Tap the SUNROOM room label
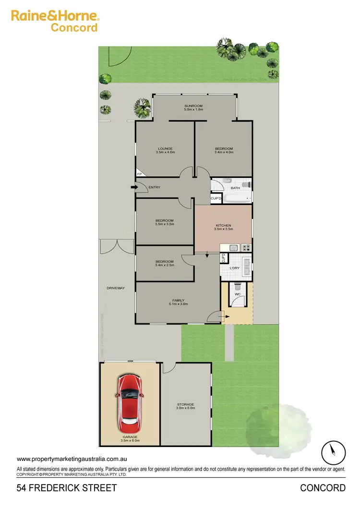tap(194, 106)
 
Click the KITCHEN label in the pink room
tap(223, 225)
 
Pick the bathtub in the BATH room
tap(236, 197)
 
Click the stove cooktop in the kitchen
tap(246, 248)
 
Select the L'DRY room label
tap(235, 268)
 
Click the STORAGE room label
tap(186, 404)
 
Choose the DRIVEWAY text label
tap(116, 288)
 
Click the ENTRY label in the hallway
tap(154, 187)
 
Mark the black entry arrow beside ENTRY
tap(132, 187)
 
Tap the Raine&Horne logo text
tap(55, 16)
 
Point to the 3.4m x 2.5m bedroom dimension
tap(165, 265)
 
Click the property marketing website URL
tap(72, 460)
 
